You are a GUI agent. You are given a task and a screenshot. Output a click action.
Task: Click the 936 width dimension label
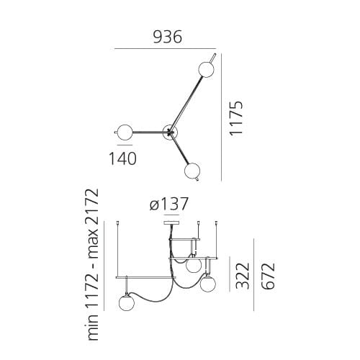click(x=168, y=36)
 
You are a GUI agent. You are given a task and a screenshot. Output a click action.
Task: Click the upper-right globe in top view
click(x=205, y=69)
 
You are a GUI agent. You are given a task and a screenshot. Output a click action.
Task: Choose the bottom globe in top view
click(x=192, y=171)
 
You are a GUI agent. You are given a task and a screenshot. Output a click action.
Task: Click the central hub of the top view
click(x=170, y=131)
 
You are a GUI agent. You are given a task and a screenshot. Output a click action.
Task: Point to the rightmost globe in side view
click(x=208, y=284)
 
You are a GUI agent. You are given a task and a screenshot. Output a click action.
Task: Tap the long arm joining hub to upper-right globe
click(x=186, y=102)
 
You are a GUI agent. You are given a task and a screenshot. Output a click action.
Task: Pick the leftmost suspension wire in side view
click(x=119, y=245)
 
